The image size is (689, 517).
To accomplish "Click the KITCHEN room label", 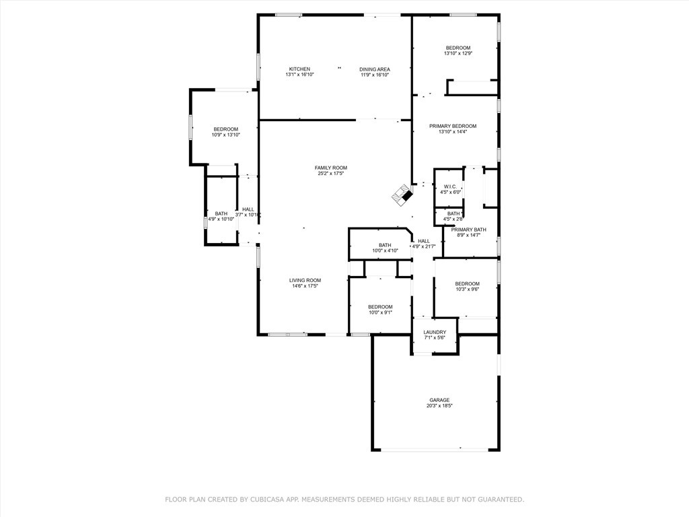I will (299, 69).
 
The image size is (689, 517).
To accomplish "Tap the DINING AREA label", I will (374, 69).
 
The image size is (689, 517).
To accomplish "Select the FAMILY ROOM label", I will (331, 168).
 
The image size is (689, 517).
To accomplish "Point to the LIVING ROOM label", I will (305, 280).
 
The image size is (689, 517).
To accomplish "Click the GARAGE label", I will (439, 400).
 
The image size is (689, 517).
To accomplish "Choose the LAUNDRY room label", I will (435, 332).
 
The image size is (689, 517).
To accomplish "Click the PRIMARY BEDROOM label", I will (453, 126).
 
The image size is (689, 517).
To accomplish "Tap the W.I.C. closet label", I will (450, 186).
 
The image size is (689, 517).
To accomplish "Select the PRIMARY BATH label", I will (468, 230).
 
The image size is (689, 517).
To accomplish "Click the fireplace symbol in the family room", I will (402, 195).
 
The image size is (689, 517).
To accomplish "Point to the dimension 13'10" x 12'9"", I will (458, 53).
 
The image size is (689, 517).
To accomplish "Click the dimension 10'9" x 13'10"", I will (226, 135).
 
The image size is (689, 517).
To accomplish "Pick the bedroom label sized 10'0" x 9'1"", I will (380, 307).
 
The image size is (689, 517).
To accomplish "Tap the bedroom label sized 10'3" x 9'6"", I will (467, 283).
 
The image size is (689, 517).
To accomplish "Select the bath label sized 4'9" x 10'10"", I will (221, 213).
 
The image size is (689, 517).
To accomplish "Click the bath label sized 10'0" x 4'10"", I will (385, 245).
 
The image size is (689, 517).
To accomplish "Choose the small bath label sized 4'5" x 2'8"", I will (454, 213).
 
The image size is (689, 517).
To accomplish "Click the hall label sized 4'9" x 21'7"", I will (424, 241).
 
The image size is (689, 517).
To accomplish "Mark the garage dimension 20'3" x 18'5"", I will (439, 405).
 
